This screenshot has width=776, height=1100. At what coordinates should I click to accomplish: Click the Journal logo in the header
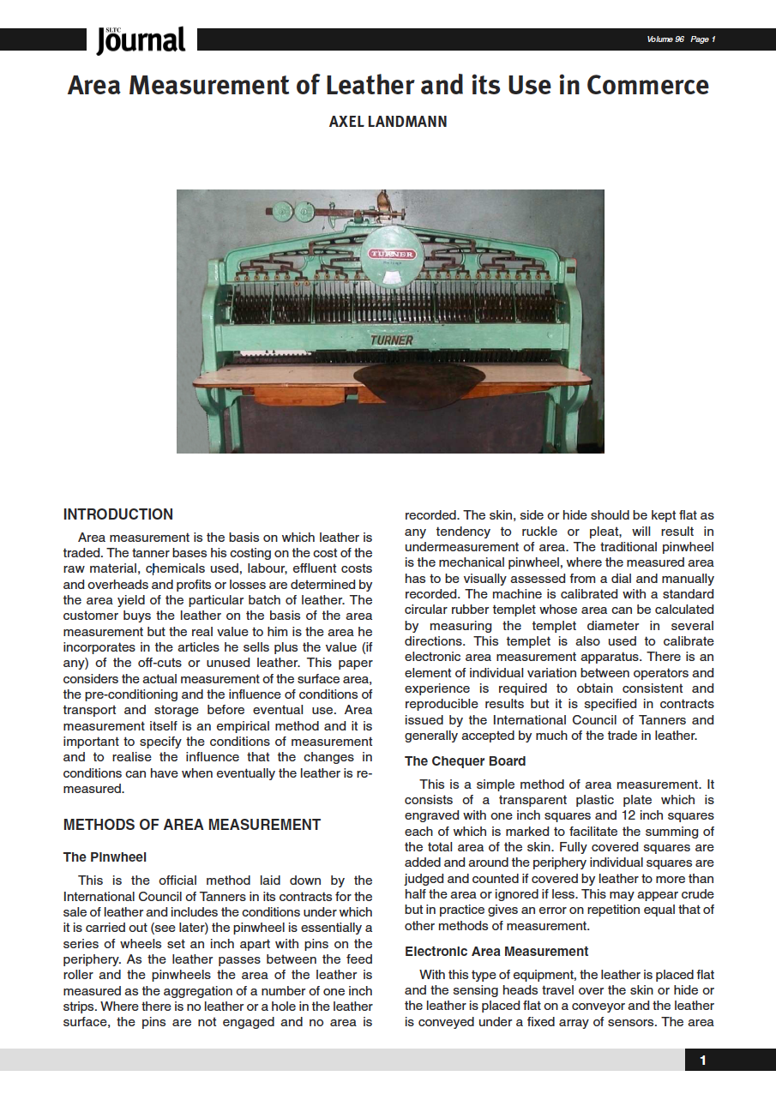(141, 40)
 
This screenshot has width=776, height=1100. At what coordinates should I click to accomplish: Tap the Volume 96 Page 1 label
(681, 39)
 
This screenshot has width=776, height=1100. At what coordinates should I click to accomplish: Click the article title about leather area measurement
(388, 86)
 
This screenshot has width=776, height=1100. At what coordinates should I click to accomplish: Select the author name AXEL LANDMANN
(388, 122)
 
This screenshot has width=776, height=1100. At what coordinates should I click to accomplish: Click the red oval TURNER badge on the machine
(391, 254)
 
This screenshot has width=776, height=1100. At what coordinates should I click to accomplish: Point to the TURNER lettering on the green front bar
(391, 340)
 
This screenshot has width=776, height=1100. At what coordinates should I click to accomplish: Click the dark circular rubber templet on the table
(419, 383)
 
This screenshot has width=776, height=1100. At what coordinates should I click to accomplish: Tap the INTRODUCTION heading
(118, 514)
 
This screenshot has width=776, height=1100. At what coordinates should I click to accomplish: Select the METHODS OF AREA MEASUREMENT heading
(192, 825)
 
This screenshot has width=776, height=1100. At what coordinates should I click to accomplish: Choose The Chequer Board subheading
(465, 760)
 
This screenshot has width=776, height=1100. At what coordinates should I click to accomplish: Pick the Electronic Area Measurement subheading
(496, 951)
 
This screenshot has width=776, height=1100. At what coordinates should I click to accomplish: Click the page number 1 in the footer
(703, 1061)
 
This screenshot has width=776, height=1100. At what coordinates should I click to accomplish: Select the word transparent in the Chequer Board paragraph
(532, 800)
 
